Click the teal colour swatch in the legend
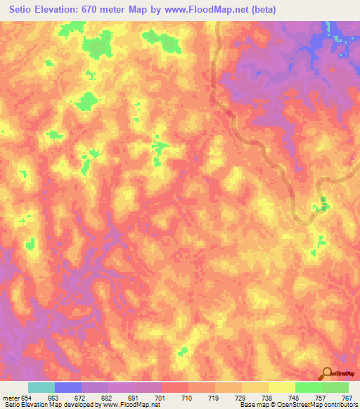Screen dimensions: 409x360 click(x=41, y=387)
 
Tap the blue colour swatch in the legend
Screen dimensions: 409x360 click(x=68, y=387)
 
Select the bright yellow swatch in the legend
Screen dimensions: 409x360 click(x=282, y=387)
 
